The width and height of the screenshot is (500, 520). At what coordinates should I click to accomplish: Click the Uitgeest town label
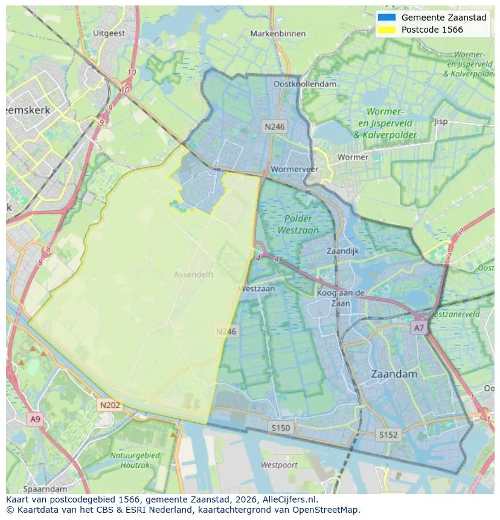[x=109, y=33]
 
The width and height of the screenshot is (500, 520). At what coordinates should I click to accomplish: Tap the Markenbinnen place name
[x=278, y=33]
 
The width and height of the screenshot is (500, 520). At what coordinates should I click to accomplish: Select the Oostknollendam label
[x=304, y=84]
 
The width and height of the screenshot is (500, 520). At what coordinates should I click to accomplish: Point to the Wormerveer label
[x=295, y=169]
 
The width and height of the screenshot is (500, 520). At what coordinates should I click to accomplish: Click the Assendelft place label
[x=194, y=274]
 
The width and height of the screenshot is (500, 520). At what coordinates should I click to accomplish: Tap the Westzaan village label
[x=258, y=289]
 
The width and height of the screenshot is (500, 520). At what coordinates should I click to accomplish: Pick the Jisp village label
[x=441, y=121]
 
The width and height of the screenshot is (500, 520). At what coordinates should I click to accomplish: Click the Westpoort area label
[x=279, y=465]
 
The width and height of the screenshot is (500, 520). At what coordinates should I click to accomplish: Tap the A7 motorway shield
[x=418, y=328]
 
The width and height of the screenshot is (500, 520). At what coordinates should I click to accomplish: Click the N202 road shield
[x=110, y=405]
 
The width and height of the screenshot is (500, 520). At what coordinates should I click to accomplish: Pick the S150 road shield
[x=280, y=428]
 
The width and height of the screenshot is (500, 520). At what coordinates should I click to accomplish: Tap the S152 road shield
[x=388, y=434]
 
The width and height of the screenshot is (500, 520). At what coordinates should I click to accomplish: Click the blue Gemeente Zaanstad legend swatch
[x=386, y=18]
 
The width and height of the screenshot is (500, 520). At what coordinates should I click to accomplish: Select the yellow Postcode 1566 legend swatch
[x=386, y=30]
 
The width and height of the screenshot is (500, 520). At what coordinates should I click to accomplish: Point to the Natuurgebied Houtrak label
[x=135, y=460]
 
